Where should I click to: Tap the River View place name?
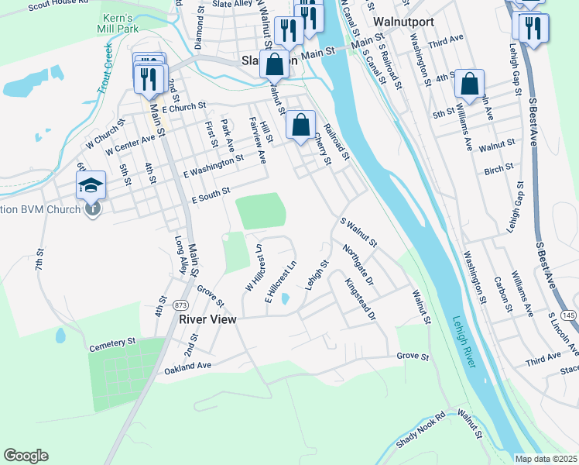207,319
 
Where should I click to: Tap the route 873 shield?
181,304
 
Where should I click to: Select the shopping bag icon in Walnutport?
470,83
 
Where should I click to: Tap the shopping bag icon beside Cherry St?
300,126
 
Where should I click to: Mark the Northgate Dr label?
358,264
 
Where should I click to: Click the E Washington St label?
213,163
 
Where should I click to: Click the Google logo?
26,455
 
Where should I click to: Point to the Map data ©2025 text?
546,459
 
